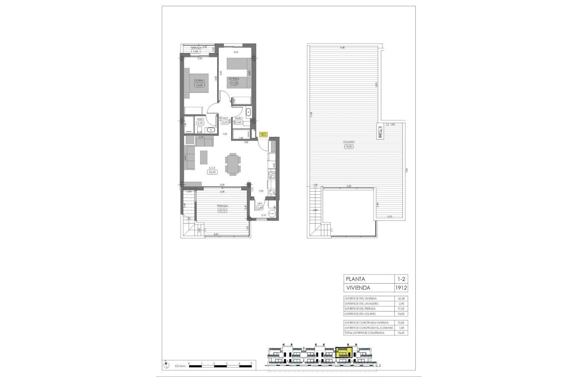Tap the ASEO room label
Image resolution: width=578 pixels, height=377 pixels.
coord(200,119)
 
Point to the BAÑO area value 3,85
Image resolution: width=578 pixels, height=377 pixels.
coord(238,122)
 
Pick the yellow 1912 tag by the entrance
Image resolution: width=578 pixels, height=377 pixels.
coord(263,134)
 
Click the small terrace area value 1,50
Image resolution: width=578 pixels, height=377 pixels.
coord(195,52)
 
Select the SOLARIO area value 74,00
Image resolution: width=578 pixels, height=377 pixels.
coord(349,146)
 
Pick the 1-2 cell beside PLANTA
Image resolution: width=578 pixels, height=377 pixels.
coord(396,279)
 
